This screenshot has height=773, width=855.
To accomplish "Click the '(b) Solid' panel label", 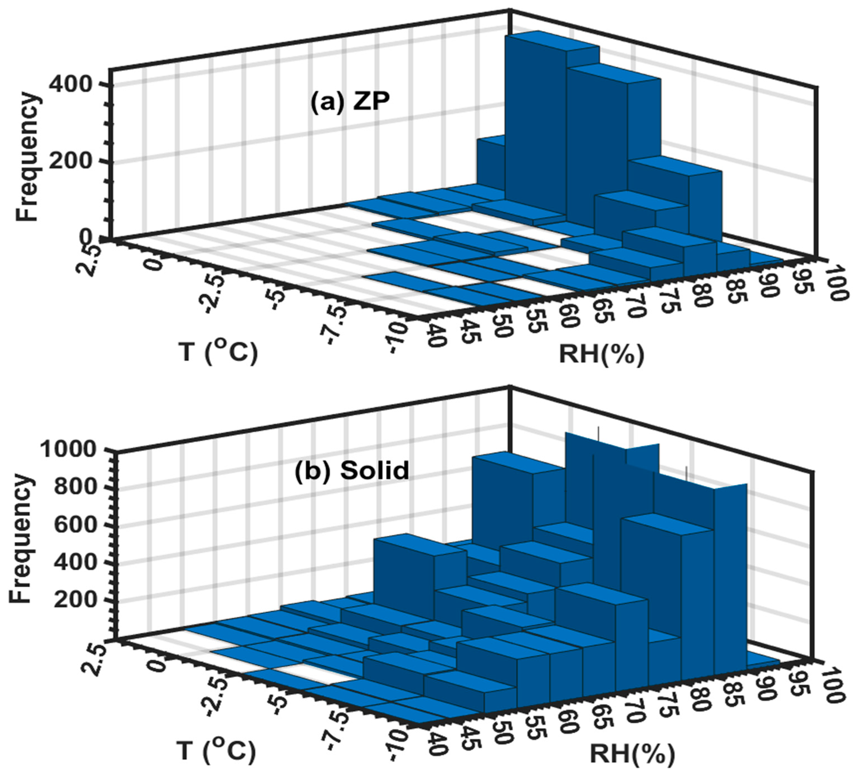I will (x=351, y=470).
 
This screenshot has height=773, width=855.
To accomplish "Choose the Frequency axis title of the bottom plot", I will (x=21, y=539).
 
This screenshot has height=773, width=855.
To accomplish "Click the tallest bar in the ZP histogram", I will (x=535, y=127).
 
